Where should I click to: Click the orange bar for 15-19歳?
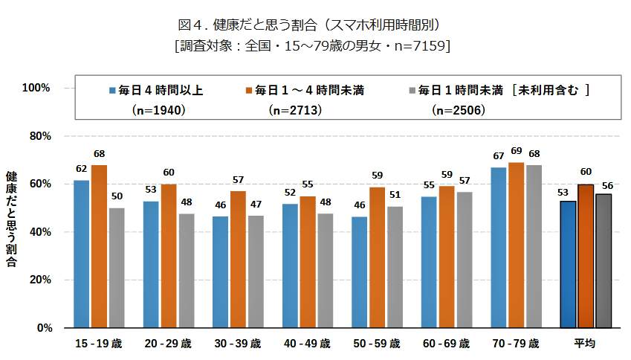click(99, 246)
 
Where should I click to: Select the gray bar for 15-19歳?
click(117, 268)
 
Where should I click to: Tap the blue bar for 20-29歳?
click(151, 264)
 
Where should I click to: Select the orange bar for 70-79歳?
click(516, 245)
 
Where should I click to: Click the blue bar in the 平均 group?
click(568, 264)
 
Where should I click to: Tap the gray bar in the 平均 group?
click(603, 260)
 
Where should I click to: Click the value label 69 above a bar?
click(516, 151)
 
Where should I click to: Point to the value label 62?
click(82, 168)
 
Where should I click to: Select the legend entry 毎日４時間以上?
click(155, 91)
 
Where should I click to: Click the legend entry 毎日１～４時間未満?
click(308, 91)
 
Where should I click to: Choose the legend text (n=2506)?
click(459, 109)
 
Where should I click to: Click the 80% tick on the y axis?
click(38, 136)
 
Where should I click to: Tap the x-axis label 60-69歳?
click(445, 344)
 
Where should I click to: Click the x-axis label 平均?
click(584, 344)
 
